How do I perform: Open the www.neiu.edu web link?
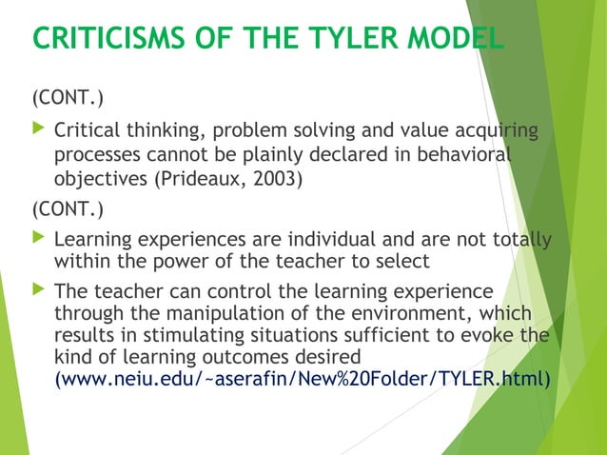[303, 379]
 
